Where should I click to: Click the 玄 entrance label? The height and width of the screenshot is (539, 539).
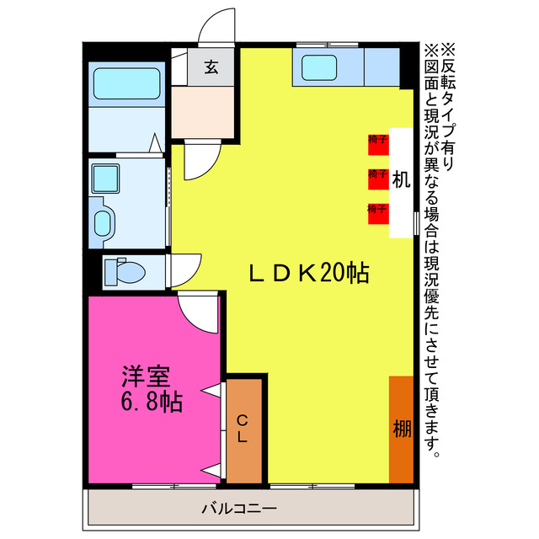click(x=211, y=67)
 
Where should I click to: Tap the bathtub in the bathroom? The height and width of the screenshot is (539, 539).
click(x=127, y=84)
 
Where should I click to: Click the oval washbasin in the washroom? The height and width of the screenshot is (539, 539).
click(x=102, y=224)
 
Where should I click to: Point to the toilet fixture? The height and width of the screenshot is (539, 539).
click(x=124, y=272)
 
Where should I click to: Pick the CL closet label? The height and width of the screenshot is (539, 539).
click(x=242, y=429)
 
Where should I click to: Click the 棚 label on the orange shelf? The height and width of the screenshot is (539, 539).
click(x=402, y=429)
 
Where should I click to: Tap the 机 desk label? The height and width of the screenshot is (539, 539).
click(x=400, y=179)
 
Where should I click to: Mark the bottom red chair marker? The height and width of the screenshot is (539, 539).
click(x=377, y=211)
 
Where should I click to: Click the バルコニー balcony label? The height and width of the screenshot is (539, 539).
click(x=239, y=509)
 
